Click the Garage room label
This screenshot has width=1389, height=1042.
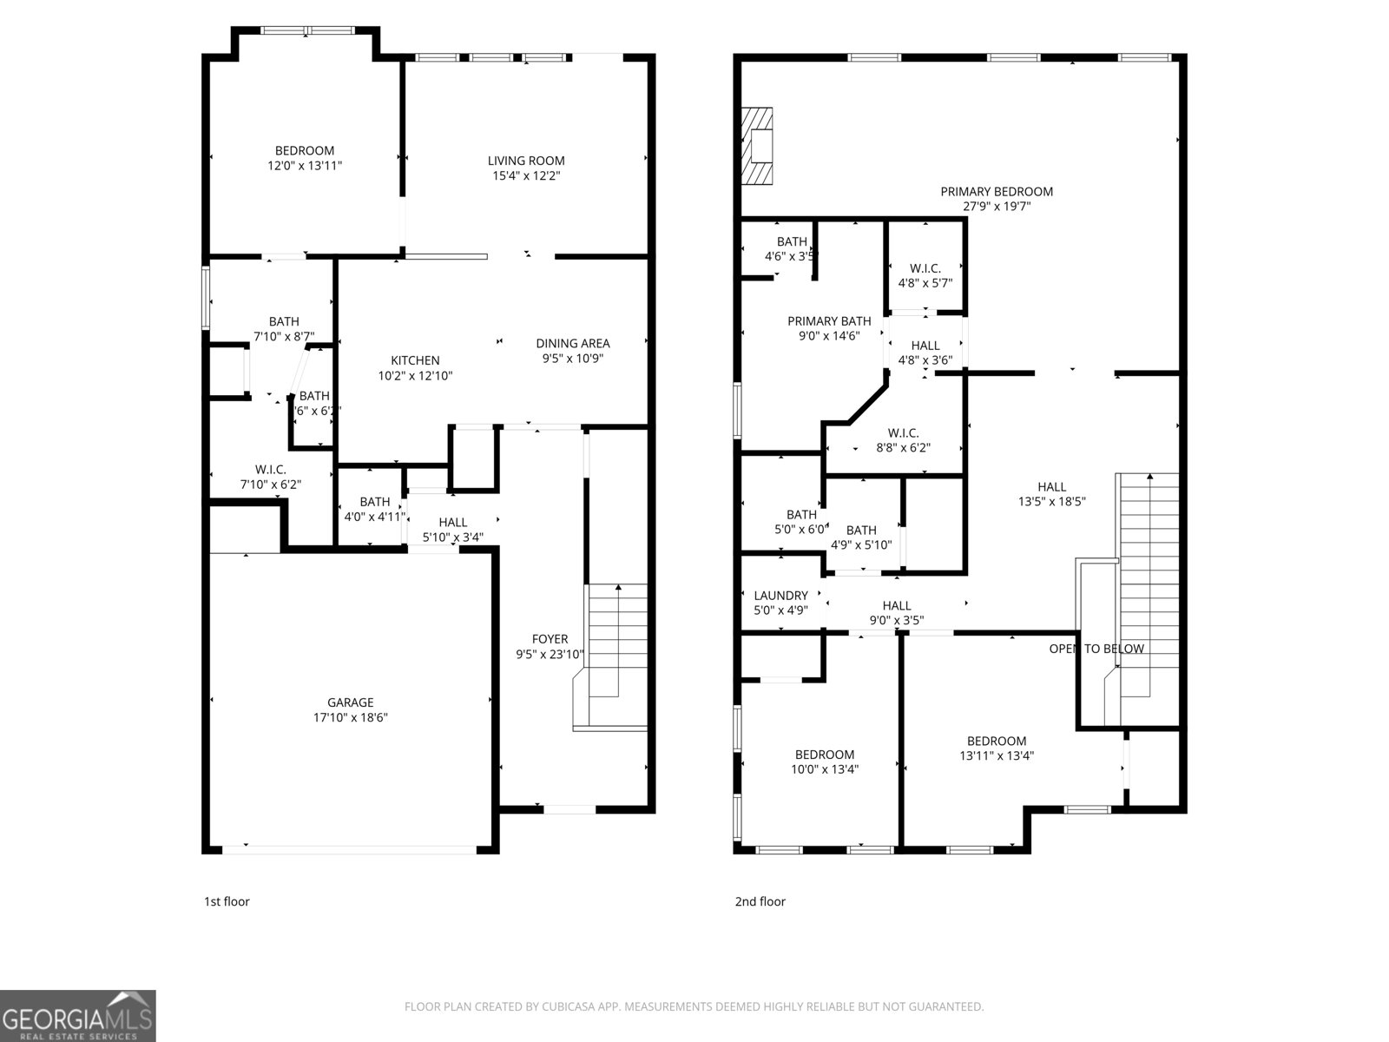[x=350, y=702]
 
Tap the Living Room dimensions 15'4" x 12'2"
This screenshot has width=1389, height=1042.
[x=525, y=175]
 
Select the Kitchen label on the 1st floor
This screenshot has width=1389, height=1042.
[x=415, y=360]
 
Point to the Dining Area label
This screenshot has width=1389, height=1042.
[x=572, y=343]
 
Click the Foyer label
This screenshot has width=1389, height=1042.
[x=550, y=639]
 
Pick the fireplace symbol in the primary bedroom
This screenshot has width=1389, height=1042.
[x=758, y=146]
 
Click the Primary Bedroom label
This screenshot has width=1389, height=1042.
[x=996, y=192]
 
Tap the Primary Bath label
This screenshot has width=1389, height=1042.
[x=829, y=321]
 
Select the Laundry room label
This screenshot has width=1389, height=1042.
[x=780, y=596]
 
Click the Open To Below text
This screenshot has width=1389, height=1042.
[x=1096, y=649]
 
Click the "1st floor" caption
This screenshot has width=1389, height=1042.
[x=227, y=901]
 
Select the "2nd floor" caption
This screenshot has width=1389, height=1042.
[x=760, y=901]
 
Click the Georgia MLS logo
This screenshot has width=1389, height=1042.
[x=77, y=1016]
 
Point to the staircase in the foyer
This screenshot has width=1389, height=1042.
[x=618, y=643]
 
